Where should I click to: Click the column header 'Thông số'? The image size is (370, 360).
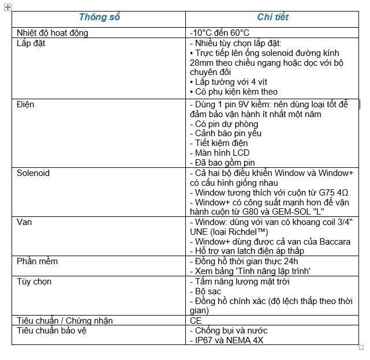click(99, 17)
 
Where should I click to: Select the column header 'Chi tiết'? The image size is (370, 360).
click(272, 17)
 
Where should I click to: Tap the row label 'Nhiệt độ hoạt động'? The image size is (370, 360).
click(53, 33)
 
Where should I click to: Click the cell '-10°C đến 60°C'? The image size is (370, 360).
click(219, 33)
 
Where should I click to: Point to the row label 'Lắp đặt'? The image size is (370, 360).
click(31, 43)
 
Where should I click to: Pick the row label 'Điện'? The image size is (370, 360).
click(26, 104)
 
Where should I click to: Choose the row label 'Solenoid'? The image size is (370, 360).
click(33, 173)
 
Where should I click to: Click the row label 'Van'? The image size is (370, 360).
click(24, 222)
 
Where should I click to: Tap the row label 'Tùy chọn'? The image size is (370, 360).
click(34, 282)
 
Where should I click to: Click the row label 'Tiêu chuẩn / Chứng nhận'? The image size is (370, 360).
click(65, 321)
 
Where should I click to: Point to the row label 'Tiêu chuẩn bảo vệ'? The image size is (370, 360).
click(54, 331)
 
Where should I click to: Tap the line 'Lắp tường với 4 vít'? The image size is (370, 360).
click(227, 82)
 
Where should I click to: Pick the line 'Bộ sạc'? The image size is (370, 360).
click(208, 291)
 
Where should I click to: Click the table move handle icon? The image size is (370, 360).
click(8, 6)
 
